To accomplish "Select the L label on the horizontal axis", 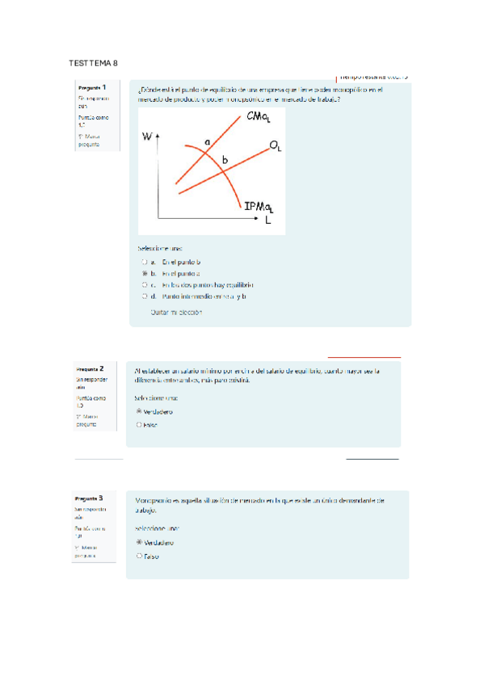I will point(268,220).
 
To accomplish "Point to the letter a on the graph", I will point(207,142).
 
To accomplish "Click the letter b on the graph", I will point(225,161).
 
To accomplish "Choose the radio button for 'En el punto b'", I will point(144,263).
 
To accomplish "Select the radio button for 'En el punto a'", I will point(144,274).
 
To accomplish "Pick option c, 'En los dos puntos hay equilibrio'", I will point(144,285).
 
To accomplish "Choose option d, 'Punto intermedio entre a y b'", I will point(144,296).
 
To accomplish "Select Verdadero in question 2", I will point(140,411).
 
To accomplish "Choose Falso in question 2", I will point(140,423).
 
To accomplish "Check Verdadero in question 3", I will point(140,543).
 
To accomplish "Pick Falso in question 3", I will point(140,556).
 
